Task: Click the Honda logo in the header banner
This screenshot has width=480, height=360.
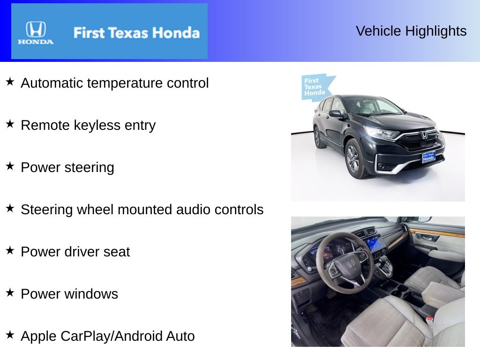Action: (x=36, y=32)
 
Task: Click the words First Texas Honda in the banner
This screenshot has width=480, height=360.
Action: (x=136, y=33)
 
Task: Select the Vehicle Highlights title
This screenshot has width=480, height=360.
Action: (x=411, y=31)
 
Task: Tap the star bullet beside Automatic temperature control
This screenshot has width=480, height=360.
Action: (x=10, y=82)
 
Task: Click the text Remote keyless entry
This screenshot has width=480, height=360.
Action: (x=88, y=125)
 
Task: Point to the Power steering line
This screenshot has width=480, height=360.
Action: (x=67, y=167)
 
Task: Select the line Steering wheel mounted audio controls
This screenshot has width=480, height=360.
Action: (x=142, y=210)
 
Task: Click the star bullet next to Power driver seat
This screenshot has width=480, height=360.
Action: (x=10, y=251)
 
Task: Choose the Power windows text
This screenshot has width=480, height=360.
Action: (x=69, y=294)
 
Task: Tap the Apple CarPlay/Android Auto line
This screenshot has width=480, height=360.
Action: (x=108, y=336)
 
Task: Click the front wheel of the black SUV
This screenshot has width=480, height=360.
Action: (x=353, y=159)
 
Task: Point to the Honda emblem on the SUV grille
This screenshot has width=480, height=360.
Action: (x=424, y=135)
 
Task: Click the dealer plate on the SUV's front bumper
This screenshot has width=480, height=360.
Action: (x=428, y=157)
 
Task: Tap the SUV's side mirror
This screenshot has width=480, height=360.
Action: (x=335, y=113)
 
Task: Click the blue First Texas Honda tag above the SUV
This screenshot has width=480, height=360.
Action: (x=315, y=87)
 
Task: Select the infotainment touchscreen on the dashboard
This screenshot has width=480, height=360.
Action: (x=375, y=243)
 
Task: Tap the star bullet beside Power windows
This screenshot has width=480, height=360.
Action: (x=10, y=293)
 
